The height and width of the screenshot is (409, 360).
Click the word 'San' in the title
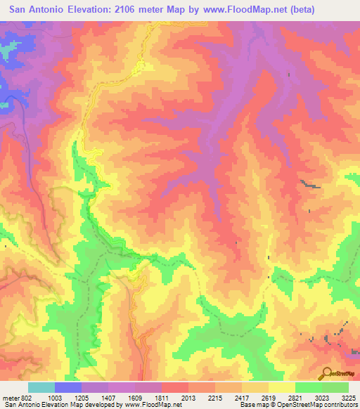(20, 9)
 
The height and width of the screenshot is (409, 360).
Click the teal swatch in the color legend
(41, 388)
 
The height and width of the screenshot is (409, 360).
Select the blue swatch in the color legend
(68, 388)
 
